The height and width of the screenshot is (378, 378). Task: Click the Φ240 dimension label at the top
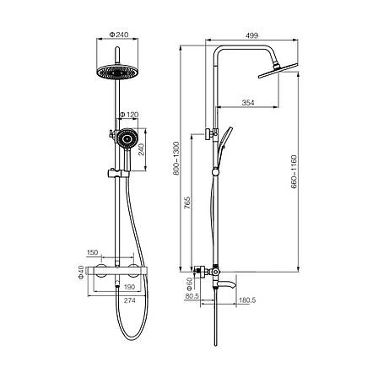[119, 35]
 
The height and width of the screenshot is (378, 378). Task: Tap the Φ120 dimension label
[129, 115]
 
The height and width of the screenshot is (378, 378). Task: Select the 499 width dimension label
[251, 35]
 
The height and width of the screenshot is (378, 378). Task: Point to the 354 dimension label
[248, 103]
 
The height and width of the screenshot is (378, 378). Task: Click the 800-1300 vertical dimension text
[175, 158]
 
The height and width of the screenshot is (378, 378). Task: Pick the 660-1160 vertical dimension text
[294, 171]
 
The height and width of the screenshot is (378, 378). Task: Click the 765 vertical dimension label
[187, 202]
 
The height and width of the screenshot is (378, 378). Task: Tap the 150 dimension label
[92, 252]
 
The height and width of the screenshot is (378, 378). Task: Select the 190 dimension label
[129, 287]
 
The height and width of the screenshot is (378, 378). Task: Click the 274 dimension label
[130, 300]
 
